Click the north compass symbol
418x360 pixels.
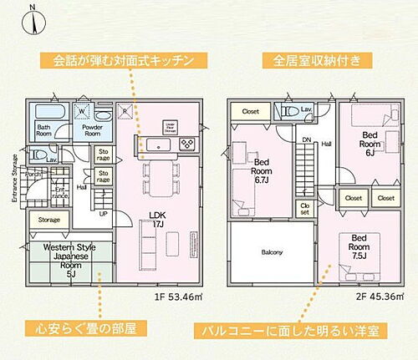32,18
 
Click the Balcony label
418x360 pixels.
272,252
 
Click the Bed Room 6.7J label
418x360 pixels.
261,171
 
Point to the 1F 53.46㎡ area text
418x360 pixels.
178,296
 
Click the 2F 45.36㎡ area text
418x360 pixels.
378,296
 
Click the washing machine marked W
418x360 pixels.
84,110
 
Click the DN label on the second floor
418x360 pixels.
307,139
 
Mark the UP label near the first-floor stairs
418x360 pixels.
103,214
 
